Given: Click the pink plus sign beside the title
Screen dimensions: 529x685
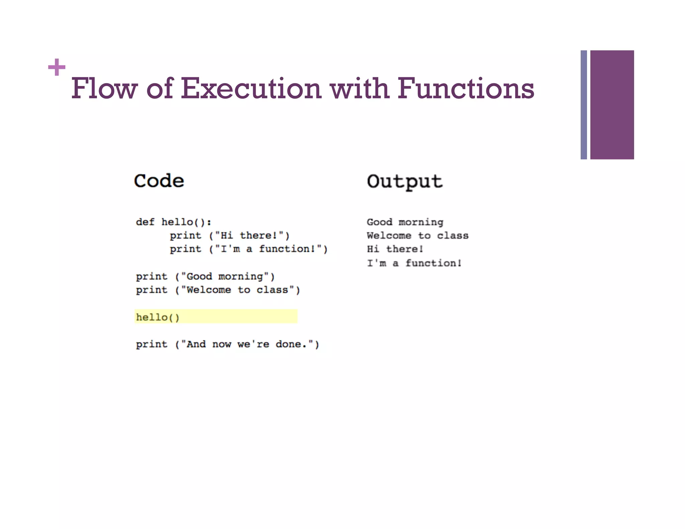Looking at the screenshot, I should [57, 67].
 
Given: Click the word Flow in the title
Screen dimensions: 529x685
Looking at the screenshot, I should [104, 88].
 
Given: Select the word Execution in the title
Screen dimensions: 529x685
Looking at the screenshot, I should [251, 88].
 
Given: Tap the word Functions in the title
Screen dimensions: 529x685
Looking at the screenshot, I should [466, 88].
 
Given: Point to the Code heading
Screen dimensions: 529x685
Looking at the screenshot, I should [159, 181].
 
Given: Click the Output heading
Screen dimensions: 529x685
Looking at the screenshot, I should [404, 182].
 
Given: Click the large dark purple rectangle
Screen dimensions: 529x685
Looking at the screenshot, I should [612, 105].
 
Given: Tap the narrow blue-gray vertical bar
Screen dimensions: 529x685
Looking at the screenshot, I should [584, 105].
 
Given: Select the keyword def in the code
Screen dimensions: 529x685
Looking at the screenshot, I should [145, 222].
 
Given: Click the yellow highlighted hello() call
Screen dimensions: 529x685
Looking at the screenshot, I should [158, 317].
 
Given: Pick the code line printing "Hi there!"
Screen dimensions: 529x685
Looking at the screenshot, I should [229, 235].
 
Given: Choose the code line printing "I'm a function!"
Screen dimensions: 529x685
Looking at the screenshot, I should [249, 249].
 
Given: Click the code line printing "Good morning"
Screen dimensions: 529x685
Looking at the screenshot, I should [205, 277].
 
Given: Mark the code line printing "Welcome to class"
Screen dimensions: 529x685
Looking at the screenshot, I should [218, 290].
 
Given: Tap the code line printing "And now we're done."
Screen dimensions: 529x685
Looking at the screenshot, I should [227, 344].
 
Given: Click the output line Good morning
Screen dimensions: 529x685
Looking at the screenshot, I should [405, 222].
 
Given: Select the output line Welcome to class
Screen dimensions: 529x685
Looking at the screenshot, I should [417, 235].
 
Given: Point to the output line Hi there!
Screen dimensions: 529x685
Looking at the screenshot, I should [395, 249].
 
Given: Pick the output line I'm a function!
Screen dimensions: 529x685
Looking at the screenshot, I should [414, 263].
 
